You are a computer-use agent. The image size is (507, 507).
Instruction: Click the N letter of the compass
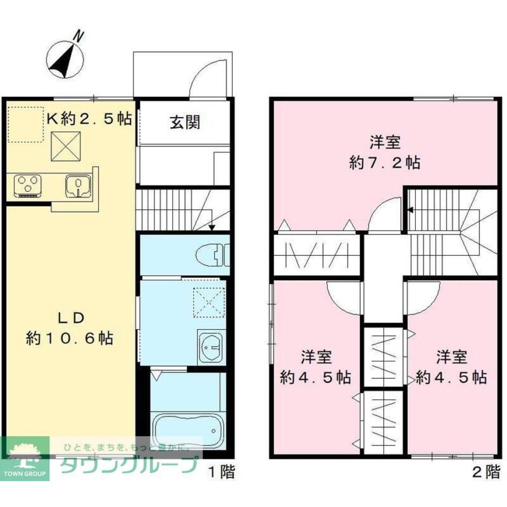79,36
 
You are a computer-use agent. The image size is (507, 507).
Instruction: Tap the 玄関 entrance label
185,123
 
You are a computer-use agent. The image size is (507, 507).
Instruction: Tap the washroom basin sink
210,347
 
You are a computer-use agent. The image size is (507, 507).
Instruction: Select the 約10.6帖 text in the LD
69,338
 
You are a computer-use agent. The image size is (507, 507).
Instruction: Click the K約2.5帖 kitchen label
89,119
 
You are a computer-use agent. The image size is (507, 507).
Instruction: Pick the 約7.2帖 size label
385,163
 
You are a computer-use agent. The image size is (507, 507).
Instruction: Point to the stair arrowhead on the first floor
212,227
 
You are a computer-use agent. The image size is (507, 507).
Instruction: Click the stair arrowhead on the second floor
411,210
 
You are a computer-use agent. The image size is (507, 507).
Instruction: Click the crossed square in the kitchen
65,146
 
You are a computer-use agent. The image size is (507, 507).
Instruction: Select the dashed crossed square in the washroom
209,303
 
